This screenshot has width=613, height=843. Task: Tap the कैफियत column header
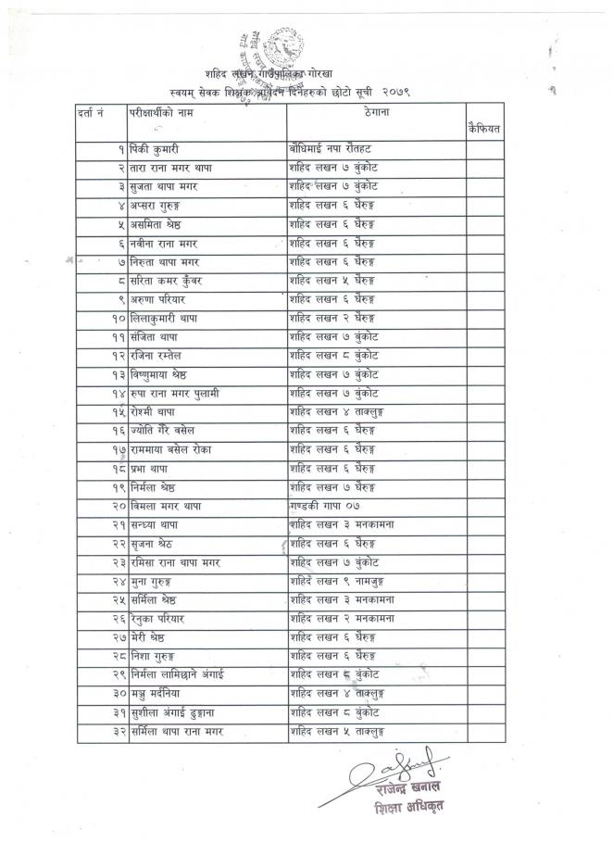pyautogui.click(x=484, y=130)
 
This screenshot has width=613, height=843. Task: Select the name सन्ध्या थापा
pyautogui.click(x=159, y=525)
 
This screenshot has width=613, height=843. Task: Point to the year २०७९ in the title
pyautogui.click(x=395, y=93)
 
